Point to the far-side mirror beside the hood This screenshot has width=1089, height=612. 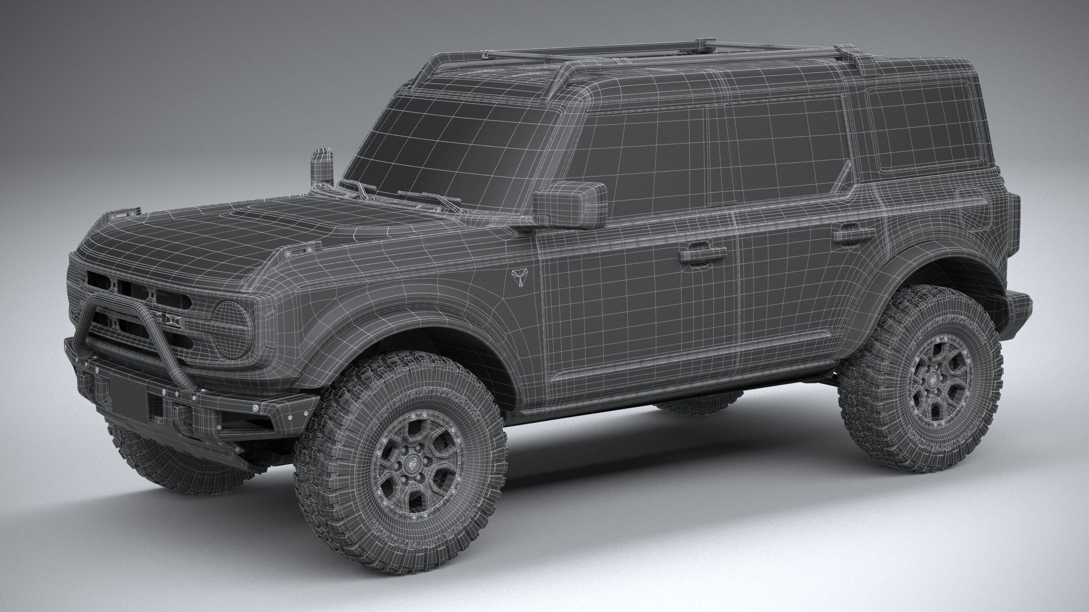322,165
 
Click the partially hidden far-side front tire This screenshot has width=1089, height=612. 174,461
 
